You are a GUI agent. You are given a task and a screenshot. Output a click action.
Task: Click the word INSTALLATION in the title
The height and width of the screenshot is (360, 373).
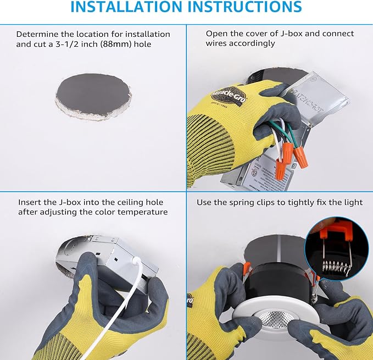(126, 7)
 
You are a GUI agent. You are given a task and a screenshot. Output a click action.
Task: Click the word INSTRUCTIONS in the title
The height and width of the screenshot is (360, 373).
(245, 7)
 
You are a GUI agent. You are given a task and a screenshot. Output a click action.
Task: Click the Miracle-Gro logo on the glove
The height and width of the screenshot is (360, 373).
(229, 96)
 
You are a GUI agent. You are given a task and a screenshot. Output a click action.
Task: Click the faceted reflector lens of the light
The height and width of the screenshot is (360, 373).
(275, 318)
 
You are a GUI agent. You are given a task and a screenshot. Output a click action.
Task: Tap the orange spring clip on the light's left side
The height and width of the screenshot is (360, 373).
(247, 268)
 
